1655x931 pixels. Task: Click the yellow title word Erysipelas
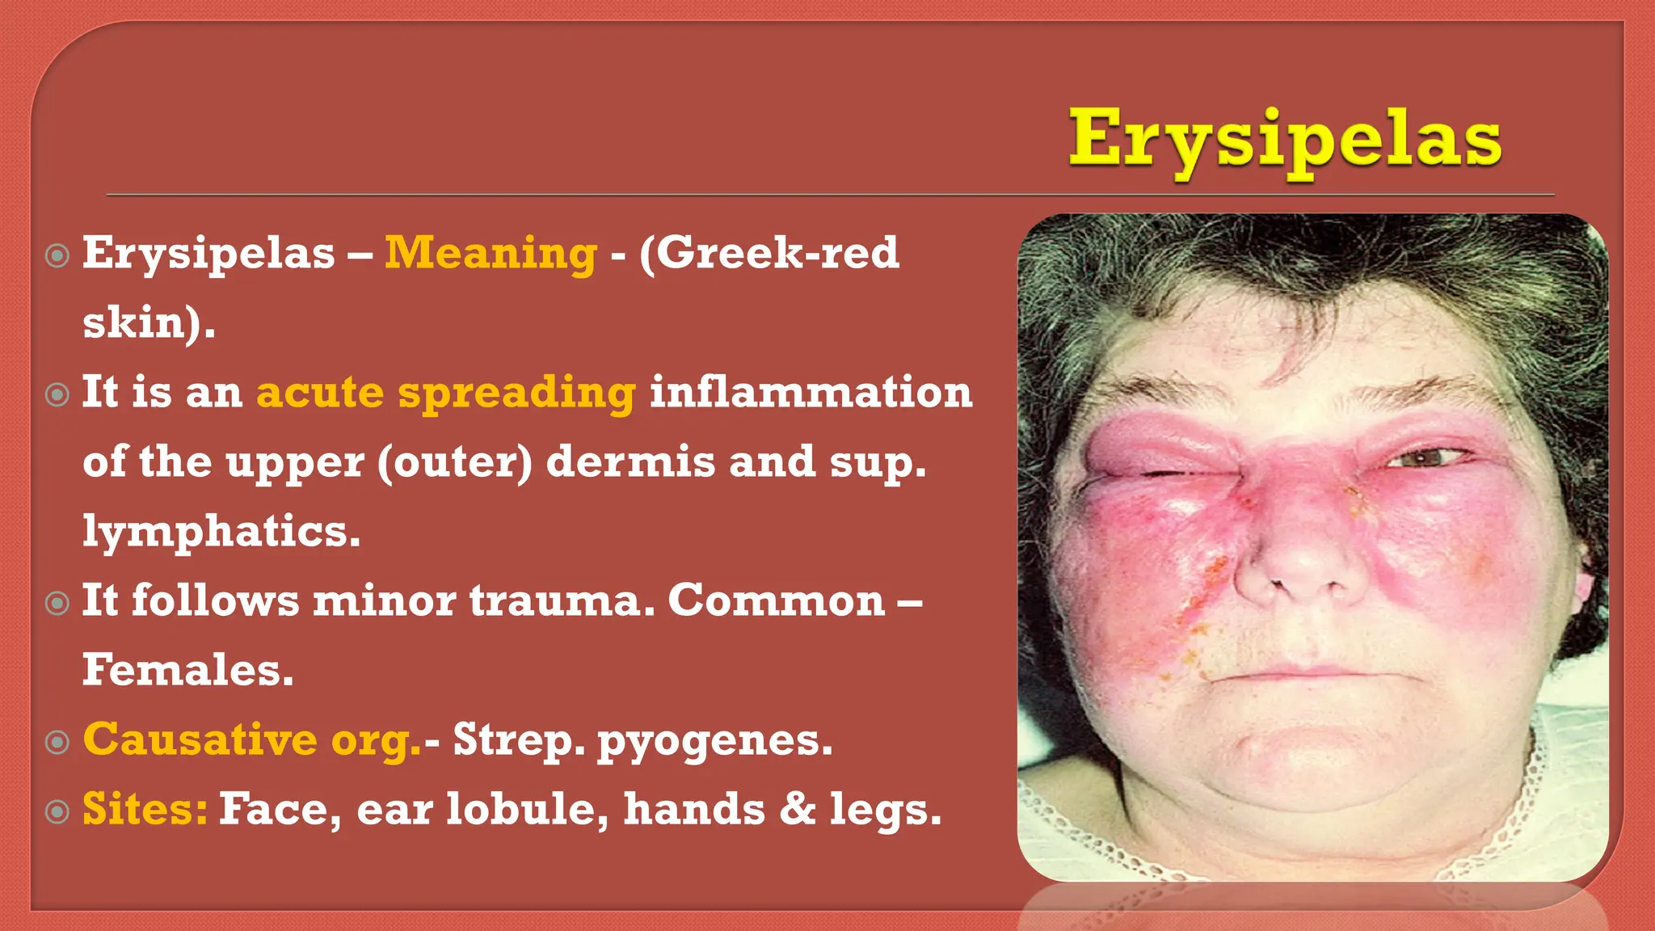1285,139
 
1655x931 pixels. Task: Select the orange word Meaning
491,253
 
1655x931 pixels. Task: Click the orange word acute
320,392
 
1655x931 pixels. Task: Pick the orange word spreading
516,394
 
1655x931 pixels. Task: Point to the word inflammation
811,392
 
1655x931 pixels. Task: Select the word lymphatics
221,531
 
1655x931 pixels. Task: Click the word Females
187,670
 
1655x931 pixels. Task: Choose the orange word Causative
200,739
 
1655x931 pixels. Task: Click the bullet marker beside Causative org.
57,742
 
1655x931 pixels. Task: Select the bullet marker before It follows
57,603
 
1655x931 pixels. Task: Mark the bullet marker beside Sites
57,811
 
